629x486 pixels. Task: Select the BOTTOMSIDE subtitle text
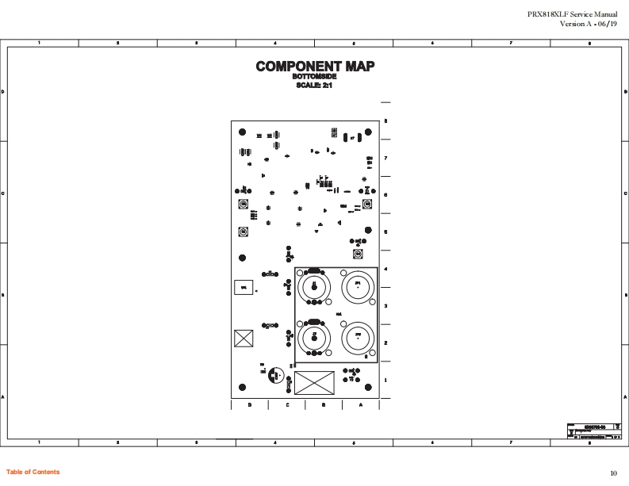[314, 77]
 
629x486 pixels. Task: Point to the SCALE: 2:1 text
[314, 85]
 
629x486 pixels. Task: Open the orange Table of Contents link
[33, 473]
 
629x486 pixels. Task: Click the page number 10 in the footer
[613, 473]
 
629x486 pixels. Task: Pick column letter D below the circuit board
[249, 405]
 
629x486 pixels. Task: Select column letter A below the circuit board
[361, 405]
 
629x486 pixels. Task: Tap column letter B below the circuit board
[324, 405]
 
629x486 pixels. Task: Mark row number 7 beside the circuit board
[385, 159]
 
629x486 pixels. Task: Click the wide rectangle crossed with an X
[314, 383]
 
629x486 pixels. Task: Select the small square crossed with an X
[243, 339]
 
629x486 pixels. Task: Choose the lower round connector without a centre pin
[359, 339]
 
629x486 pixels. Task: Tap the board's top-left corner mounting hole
[242, 132]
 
